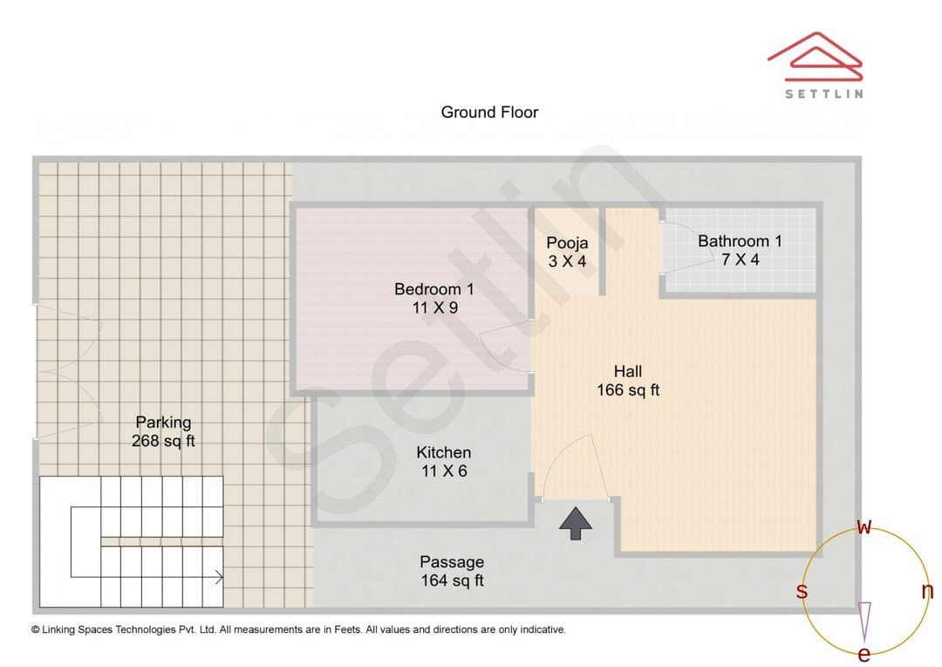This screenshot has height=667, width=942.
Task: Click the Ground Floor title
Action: click(489, 112)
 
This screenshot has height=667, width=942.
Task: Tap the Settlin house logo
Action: click(816, 57)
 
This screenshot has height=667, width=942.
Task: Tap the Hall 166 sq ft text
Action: click(628, 381)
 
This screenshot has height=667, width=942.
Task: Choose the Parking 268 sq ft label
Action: click(163, 431)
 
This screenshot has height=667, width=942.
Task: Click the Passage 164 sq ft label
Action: click(452, 571)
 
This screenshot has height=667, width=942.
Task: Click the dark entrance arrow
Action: click(576, 523)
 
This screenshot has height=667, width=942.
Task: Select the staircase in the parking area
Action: click(132, 541)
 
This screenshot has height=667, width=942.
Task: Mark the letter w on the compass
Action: click(863, 526)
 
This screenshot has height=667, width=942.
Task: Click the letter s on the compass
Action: click(802, 591)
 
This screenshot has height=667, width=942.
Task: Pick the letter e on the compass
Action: click(863, 654)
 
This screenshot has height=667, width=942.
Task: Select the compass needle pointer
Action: click(864, 622)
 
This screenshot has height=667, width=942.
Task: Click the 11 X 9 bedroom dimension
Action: click(434, 308)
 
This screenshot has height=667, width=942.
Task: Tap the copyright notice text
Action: click(298, 629)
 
